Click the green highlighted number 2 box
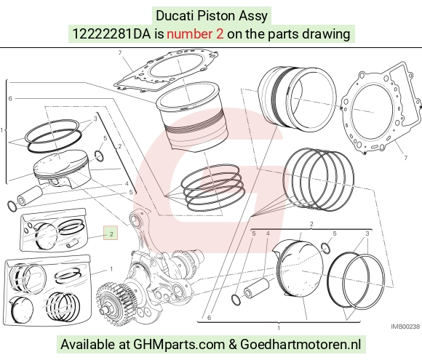click(x=111, y=233)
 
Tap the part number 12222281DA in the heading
click(x=112, y=34)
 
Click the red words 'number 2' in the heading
click(x=195, y=34)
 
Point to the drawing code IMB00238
click(x=405, y=327)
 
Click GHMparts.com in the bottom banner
click(x=179, y=344)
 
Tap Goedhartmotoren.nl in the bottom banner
click(x=300, y=344)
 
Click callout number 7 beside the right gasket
click(x=405, y=158)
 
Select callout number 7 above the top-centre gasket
click(x=120, y=52)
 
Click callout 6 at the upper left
click(x=10, y=98)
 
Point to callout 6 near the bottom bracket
click(x=209, y=318)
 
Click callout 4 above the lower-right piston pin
click(x=268, y=233)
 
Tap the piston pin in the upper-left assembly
click(x=30, y=196)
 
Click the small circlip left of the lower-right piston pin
click(x=236, y=300)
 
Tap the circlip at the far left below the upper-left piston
click(x=12, y=206)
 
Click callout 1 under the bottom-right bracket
click(x=279, y=328)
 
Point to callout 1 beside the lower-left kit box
click(x=111, y=269)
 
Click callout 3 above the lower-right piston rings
click(x=367, y=233)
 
